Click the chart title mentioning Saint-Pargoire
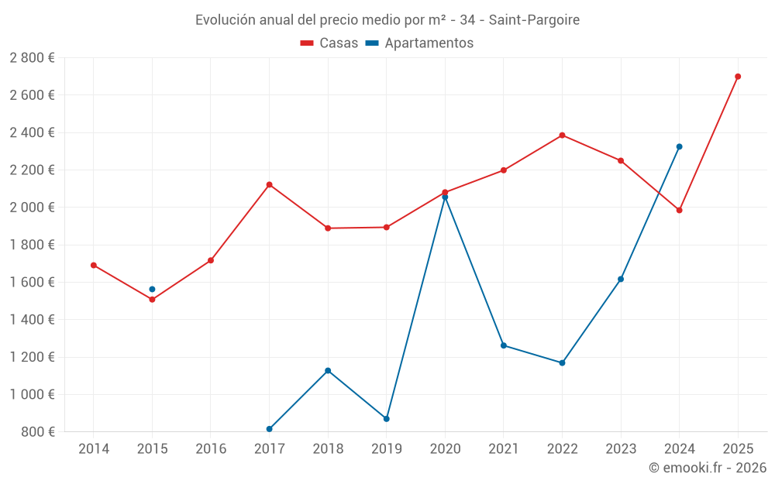[x=387, y=19]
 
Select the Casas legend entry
[x=329, y=43]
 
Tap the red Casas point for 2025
[x=738, y=77]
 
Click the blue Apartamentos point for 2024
[x=679, y=146]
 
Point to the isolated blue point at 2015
[x=152, y=289]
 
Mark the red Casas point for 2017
[x=269, y=184]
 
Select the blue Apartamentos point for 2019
[x=386, y=419]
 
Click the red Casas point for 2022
[x=562, y=135]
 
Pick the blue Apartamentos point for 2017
[x=269, y=429]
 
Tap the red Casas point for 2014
[x=94, y=265]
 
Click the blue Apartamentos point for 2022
[x=562, y=362]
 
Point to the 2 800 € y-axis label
[x=33, y=58]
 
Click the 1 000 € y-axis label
[x=33, y=394]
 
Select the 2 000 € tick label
[x=33, y=208]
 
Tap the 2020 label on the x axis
[x=445, y=449]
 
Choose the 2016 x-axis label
[x=211, y=449]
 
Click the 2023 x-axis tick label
[x=621, y=449]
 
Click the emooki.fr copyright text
[x=707, y=468]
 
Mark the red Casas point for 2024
[x=679, y=210]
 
